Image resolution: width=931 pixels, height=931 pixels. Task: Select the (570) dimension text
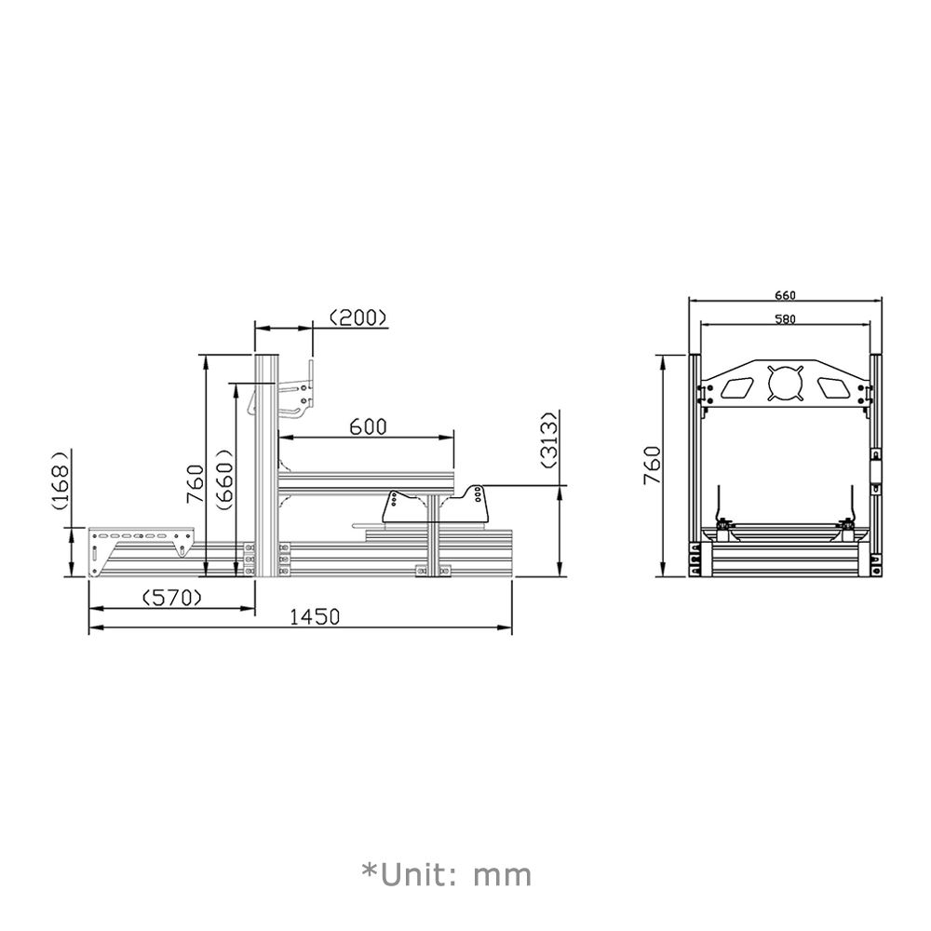[x=171, y=597]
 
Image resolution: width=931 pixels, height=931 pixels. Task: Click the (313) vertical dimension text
[x=549, y=439]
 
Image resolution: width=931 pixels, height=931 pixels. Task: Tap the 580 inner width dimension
[x=785, y=319]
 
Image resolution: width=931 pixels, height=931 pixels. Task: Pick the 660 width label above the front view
[x=785, y=295]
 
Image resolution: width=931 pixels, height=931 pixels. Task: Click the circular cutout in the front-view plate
[x=784, y=384]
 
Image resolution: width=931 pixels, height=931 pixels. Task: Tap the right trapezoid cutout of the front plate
[x=831, y=386]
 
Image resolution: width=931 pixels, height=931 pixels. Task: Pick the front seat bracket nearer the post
[x=406, y=507]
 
